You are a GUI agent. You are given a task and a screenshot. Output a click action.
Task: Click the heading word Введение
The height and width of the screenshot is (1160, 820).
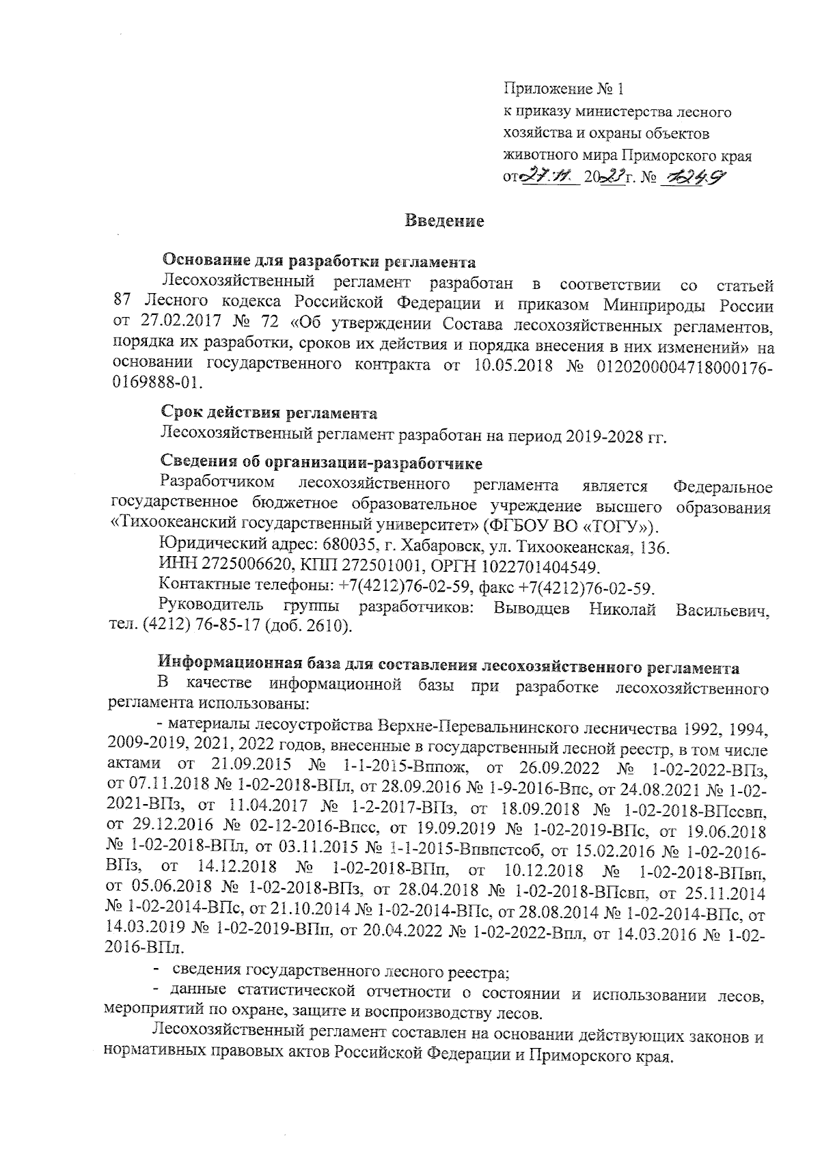tap(444, 221)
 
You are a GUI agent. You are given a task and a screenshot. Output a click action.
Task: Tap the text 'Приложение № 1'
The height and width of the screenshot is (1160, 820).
tap(564, 89)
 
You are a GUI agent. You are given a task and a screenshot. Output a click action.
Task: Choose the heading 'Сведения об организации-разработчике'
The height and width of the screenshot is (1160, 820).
tap(321, 464)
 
